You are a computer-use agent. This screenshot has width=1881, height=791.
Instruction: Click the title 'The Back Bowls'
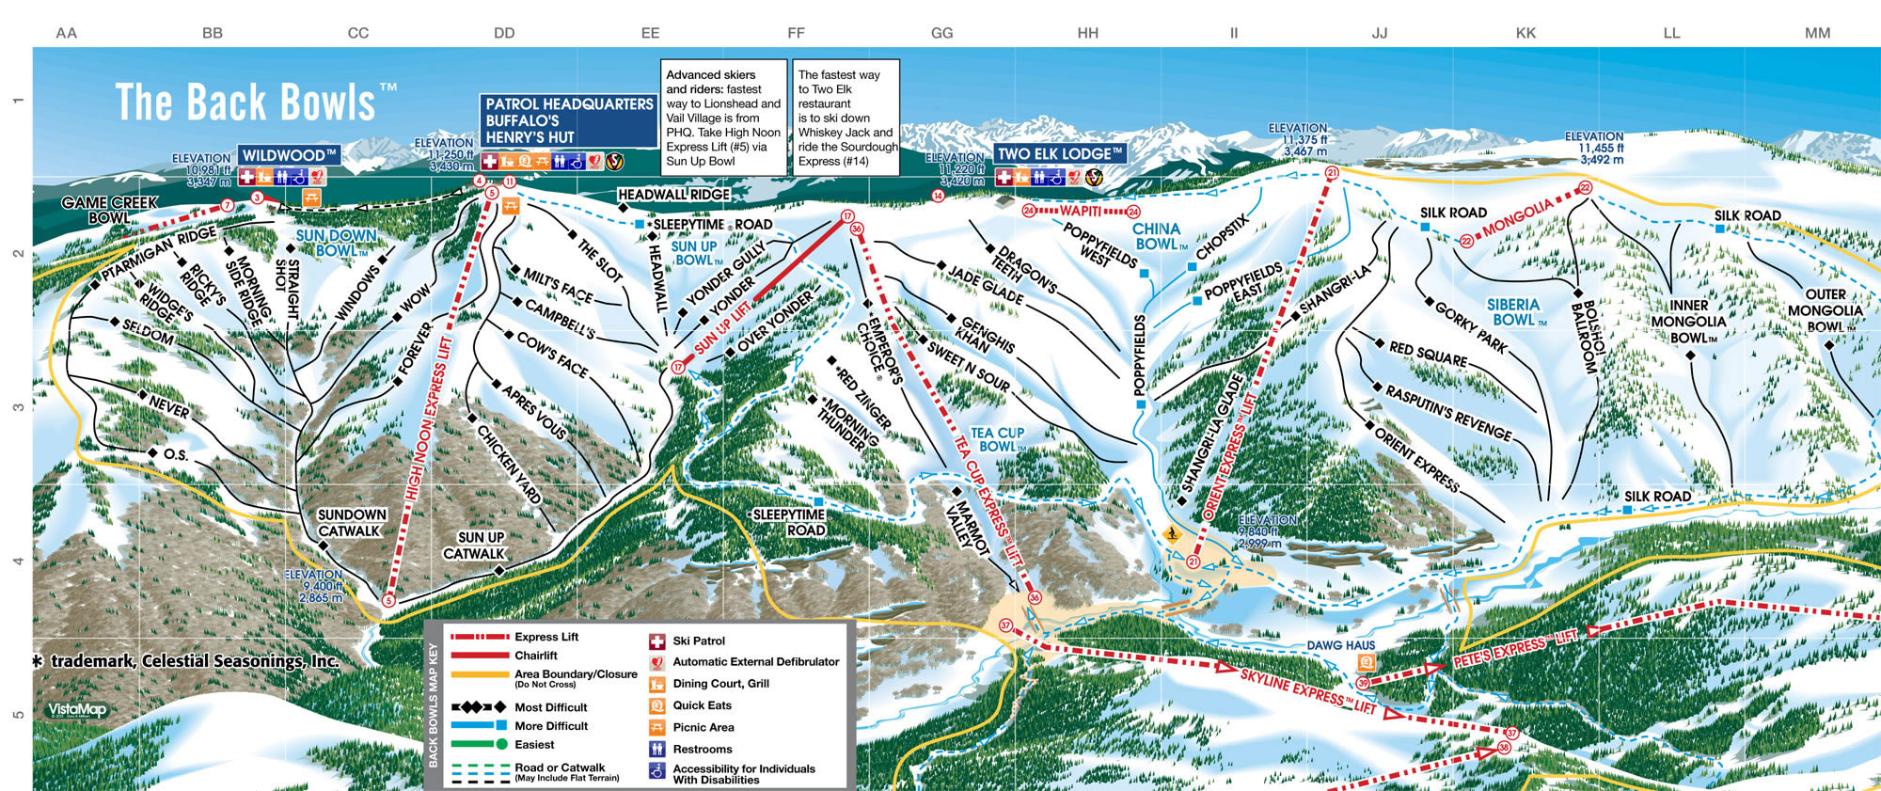(246, 102)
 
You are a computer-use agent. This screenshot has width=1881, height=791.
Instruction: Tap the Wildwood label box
(289, 155)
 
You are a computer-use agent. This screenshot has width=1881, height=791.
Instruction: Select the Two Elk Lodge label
(1060, 153)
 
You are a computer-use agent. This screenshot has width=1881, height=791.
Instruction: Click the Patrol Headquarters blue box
(568, 120)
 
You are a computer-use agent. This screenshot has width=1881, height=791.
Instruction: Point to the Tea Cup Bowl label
(998, 439)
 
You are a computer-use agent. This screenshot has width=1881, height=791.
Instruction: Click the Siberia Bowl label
(1514, 312)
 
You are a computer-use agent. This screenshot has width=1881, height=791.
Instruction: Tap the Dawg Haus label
(1340, 645)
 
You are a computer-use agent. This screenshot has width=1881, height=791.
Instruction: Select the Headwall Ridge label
(673, 195)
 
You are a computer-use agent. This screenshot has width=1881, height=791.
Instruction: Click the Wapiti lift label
(1080, 212)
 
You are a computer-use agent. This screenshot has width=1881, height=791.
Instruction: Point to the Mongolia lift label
(1518, 218)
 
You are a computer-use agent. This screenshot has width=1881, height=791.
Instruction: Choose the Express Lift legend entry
(546, 637)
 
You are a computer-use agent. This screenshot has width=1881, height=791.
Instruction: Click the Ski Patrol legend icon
(657, 641)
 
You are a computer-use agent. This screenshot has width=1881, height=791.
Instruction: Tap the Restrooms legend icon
(657, 750)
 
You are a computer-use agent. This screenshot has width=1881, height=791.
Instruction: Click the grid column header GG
(941, 33)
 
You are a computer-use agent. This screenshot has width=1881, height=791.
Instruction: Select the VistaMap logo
(77, 711)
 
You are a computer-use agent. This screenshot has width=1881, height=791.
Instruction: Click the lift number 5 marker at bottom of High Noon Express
(388, 600)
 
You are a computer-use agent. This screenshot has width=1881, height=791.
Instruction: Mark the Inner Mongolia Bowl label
(1688, 322)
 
